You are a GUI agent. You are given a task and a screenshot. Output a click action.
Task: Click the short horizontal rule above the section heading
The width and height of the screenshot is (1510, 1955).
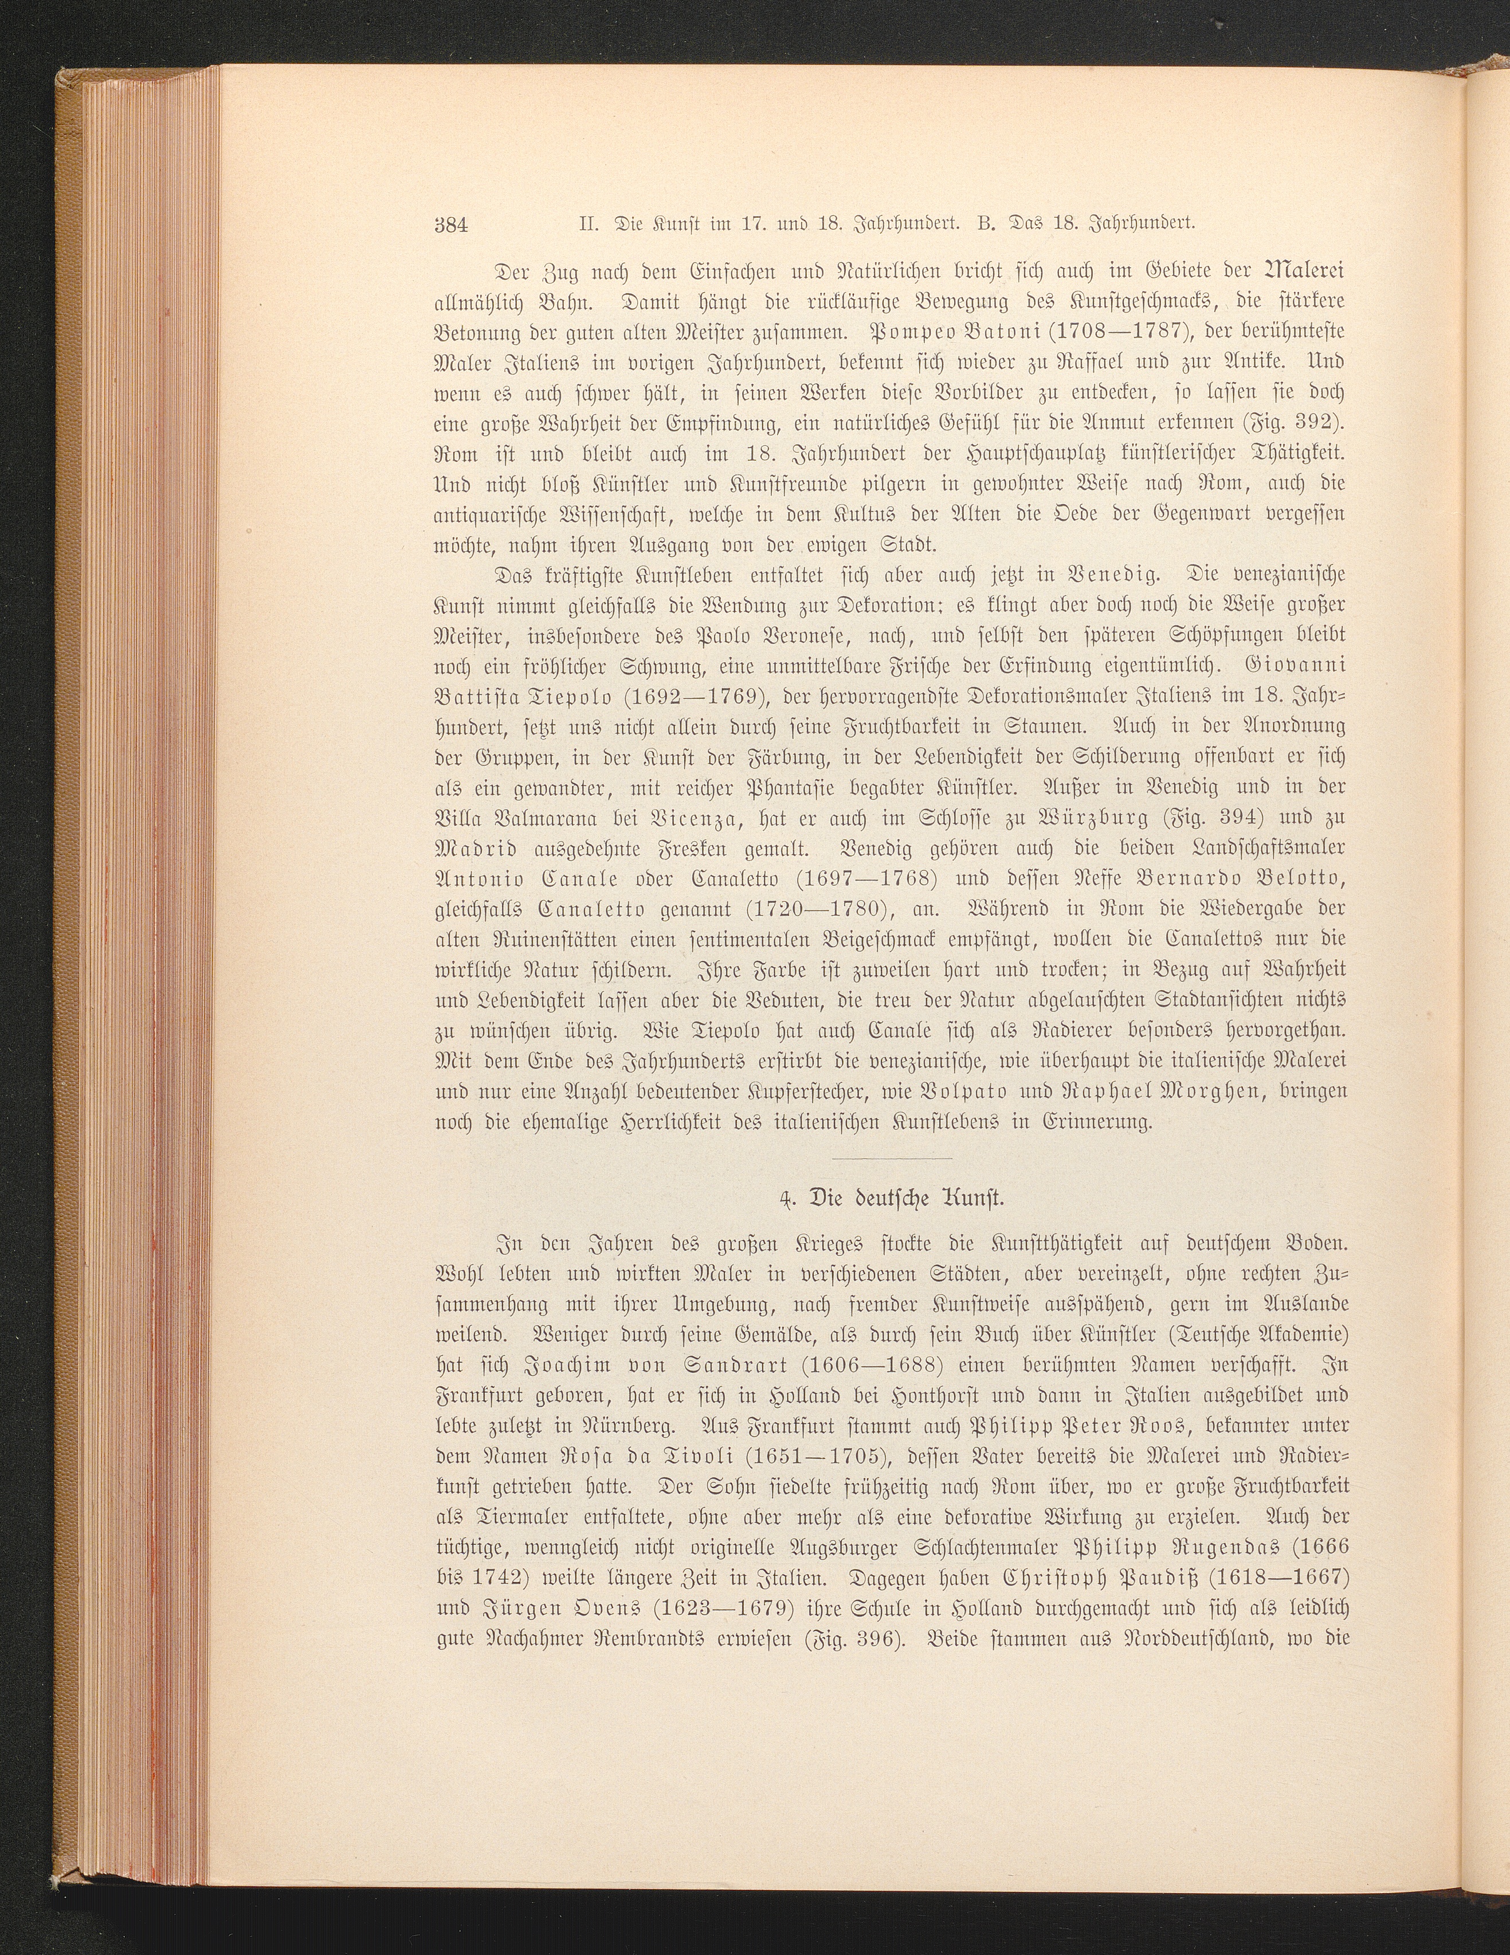(898, 1159)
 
